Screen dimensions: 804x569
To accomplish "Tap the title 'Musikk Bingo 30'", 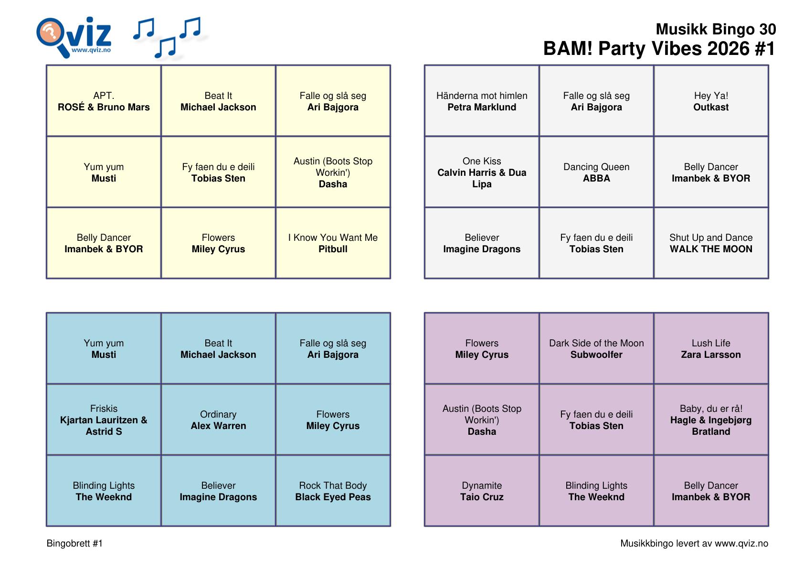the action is click(715, 29).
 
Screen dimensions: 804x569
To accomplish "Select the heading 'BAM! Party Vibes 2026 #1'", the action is click(659, 49).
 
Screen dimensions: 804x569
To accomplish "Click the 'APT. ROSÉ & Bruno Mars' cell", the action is click(104, 101).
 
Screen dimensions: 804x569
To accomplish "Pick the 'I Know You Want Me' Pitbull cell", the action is click(333, 243).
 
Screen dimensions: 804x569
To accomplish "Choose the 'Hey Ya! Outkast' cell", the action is click(711, 101).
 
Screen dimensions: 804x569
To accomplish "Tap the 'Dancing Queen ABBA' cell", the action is click(596, 172).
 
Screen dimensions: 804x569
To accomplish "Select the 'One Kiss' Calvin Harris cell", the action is click(482, 172).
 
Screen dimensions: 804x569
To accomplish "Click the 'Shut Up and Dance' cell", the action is click(711, 243).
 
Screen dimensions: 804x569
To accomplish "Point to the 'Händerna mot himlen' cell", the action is click(482, 101).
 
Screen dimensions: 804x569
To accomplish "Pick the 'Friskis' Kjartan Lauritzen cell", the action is click(104, 419).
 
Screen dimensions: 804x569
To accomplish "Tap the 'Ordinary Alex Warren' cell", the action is click(218, 419).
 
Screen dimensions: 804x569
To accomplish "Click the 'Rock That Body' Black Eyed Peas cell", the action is click(333, 491).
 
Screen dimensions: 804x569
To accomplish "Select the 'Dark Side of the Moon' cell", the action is click(596, 348).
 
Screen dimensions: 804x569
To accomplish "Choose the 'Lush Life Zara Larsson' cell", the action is click(711, 348).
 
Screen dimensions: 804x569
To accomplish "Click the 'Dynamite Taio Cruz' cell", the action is click(482, 491).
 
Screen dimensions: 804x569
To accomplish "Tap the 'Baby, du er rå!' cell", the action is click(711, 419).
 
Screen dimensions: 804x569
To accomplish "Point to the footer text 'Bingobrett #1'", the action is click(74, 543).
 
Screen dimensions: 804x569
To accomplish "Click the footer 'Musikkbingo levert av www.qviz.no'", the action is click(694, 544).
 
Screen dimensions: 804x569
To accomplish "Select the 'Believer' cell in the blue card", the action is click(218, 491).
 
